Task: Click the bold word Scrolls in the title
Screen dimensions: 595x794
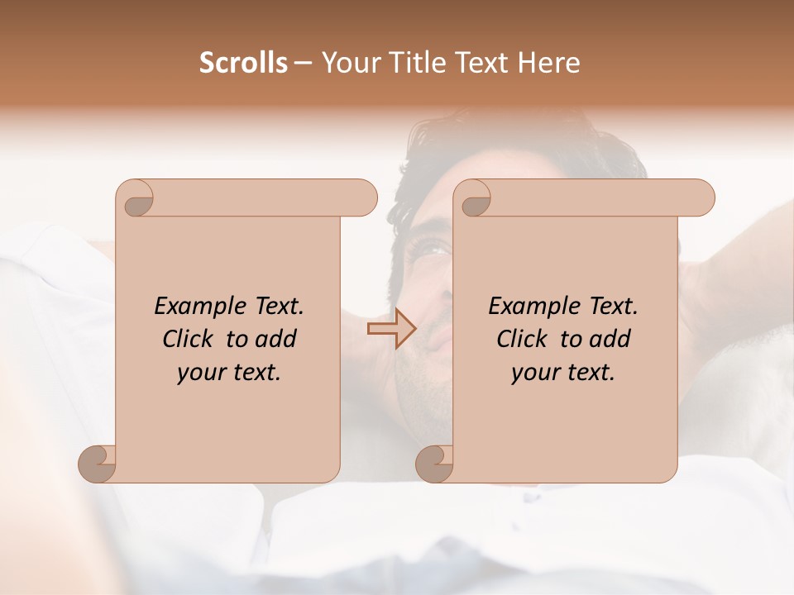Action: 243,63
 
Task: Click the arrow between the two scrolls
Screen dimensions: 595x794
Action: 390,329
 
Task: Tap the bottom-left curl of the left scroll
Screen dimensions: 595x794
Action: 98,464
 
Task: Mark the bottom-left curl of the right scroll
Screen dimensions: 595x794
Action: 434,464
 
